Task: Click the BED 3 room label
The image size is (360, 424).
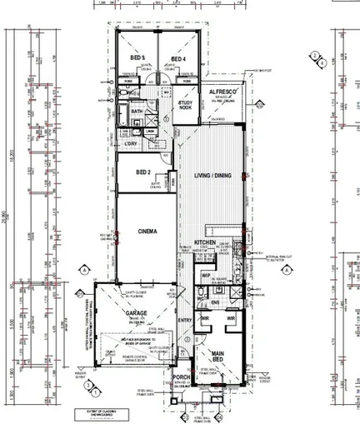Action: (x=138, y=58)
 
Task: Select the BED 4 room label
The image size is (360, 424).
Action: (x=177, y=58)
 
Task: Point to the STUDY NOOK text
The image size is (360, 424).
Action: (x=185, y=104)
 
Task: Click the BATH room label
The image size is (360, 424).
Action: (x=136, y=111)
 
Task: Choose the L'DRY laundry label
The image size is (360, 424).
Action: (x=130, y=145)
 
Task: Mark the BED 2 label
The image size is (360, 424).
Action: (x=142, y=172)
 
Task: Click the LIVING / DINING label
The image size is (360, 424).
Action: (x=212, y=176)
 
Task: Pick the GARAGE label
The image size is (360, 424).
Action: (x=137, y=313)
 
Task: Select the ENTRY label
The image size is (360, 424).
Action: (x=184, y=319)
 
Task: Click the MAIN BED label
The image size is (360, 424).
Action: (x=217, y=355)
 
